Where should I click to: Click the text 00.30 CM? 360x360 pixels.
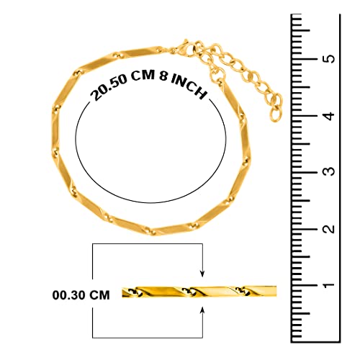coord(81,295)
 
